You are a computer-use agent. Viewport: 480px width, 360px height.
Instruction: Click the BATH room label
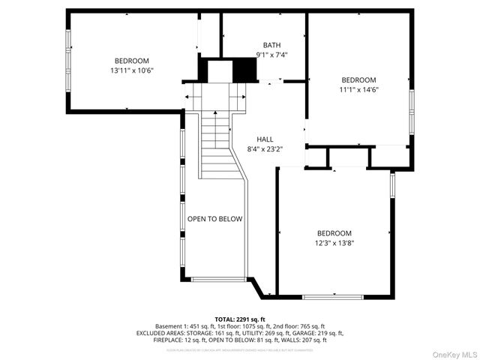(x=271, y=45)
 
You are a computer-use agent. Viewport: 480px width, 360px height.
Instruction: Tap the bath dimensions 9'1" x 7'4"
(x=271, y=55)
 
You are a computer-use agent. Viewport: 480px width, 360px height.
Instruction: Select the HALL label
(x=265, y=139)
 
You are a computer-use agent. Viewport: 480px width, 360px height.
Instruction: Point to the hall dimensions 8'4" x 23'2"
(x=265, y=149)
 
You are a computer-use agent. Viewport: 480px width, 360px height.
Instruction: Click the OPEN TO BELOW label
(x=214, y=219)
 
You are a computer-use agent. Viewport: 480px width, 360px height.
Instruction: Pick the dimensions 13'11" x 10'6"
(x=131, y=70)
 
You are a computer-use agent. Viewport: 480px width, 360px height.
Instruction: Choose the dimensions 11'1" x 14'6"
(x=358, y=89)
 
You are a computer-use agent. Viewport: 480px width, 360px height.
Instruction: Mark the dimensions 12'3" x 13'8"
(x=334, y=243)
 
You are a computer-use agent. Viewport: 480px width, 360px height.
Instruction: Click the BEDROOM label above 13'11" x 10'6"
(x=131, y=61)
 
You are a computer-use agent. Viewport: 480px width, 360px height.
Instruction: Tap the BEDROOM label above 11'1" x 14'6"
(x=358, y=79)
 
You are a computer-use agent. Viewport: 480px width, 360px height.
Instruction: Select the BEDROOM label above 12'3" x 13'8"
(x=334, y=233)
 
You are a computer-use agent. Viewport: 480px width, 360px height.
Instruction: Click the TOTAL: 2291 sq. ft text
(x=240, y=319)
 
